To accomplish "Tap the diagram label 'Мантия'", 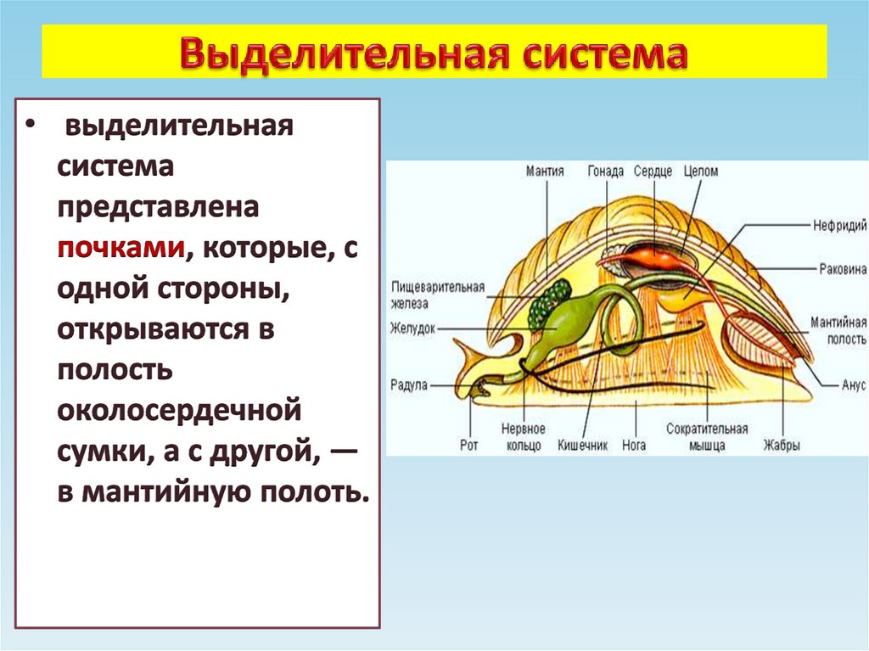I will [545, 171].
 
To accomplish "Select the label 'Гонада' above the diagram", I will [606, 171].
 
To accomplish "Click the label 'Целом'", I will [700, 171].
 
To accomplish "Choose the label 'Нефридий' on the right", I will [839, 226].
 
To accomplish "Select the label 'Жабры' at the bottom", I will [781, 445].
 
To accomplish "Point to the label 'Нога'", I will [633, 445].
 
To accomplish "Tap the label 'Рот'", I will [469, 444].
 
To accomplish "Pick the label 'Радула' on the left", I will [409, 384].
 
